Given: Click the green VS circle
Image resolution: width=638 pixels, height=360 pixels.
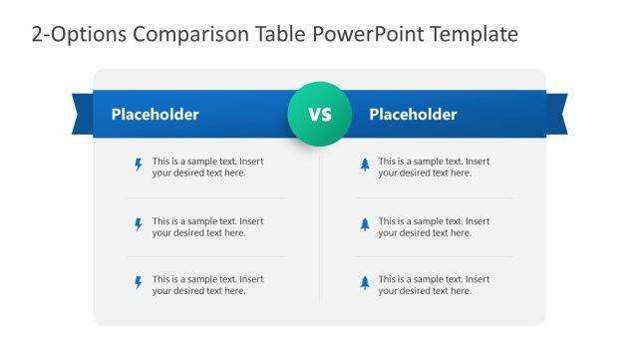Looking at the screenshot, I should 319,115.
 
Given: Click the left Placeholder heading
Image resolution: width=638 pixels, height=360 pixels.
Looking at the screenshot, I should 155,115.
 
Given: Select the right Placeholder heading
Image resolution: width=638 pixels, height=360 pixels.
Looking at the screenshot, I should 413,115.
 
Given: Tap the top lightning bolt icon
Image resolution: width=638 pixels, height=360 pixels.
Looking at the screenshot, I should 139,166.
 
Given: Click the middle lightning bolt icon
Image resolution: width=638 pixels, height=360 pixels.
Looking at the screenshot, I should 139,225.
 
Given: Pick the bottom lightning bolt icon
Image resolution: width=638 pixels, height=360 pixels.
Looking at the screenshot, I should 139,283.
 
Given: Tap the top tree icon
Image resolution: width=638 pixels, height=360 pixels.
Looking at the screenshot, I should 365,166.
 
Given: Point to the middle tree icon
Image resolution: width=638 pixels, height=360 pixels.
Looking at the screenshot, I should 365,225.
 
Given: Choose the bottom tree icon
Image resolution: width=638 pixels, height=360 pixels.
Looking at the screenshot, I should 365,283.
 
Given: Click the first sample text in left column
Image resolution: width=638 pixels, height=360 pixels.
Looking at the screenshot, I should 207,167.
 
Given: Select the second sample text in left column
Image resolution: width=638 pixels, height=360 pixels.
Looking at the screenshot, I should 207,226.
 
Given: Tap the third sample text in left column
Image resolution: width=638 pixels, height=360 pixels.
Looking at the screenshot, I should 207,284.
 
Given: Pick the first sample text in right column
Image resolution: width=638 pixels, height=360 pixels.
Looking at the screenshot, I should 434,167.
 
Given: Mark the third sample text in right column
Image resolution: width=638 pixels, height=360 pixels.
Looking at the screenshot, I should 434,284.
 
